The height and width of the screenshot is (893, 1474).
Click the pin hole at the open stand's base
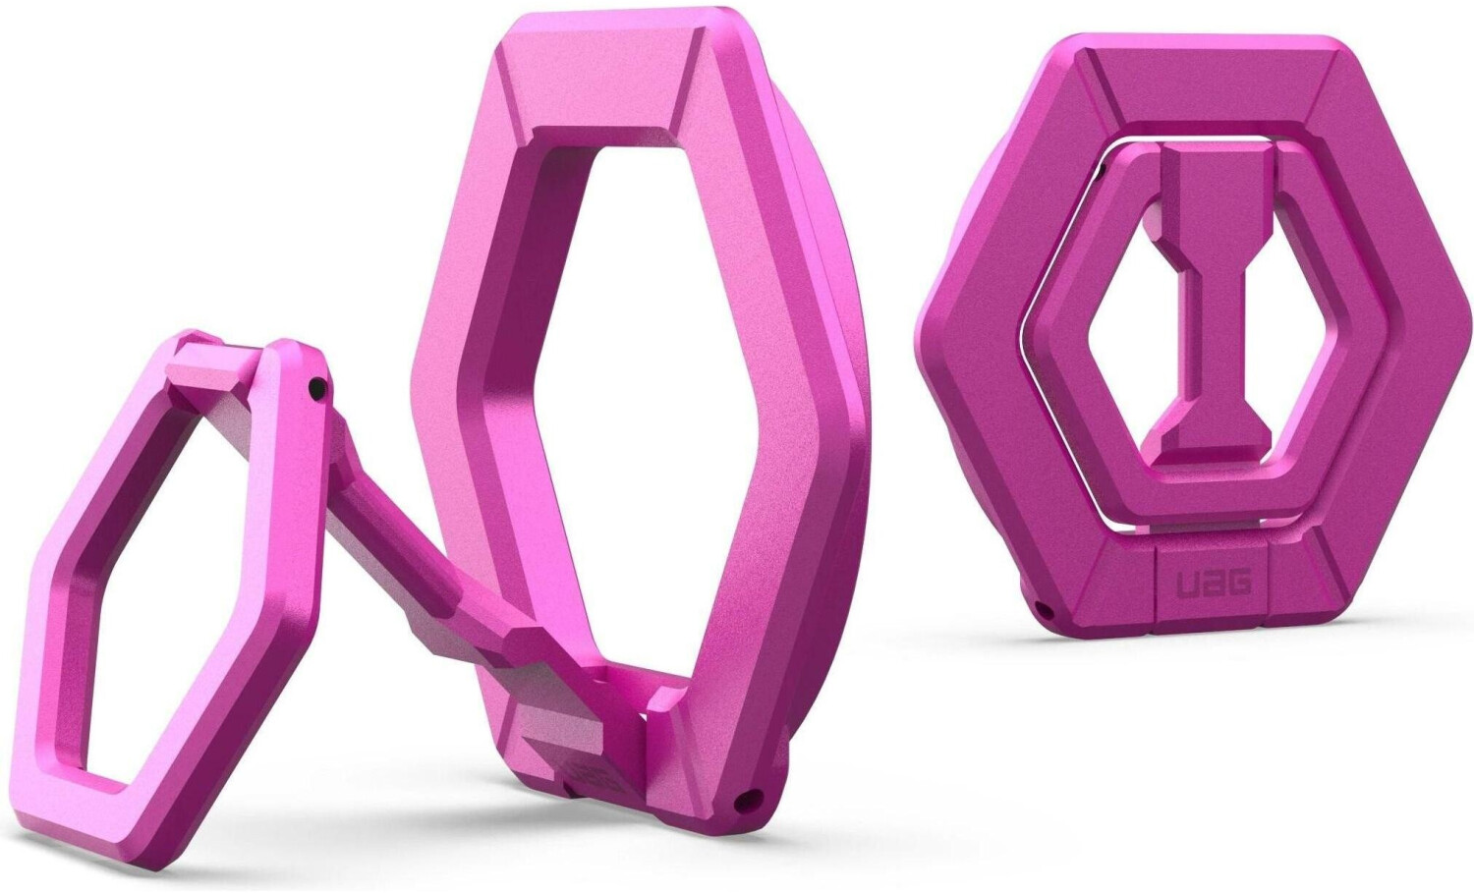753,798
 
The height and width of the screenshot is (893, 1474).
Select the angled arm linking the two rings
413,550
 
